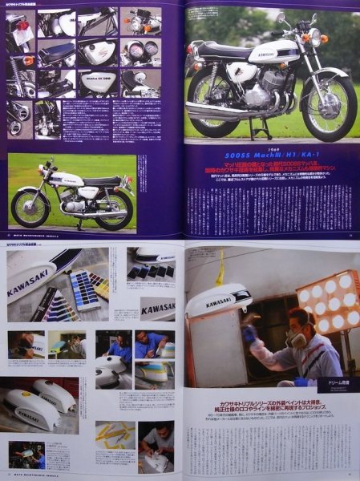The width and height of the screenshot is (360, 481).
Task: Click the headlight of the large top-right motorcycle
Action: [x=314, y=36]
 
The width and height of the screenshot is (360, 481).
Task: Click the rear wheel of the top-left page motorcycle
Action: [x=30, y=207]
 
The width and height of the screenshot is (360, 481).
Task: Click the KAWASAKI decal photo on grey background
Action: [x=157, y=307]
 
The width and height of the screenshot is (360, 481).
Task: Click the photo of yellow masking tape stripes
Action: [x=115, y=439]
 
